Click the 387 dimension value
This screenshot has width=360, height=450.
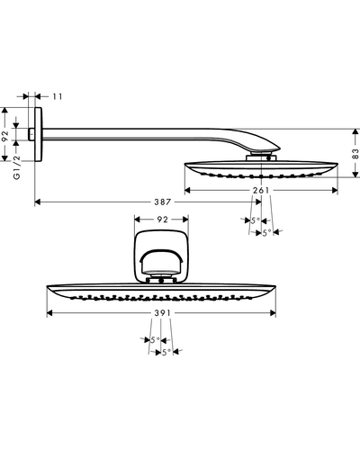163,202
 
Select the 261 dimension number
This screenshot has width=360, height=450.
261,190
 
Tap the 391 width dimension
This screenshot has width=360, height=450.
162,313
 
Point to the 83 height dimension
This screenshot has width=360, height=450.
355,154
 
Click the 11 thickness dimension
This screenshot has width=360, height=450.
58,96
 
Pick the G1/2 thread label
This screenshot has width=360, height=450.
17,167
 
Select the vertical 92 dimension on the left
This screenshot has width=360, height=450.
5,136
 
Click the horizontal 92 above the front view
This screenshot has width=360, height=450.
162,220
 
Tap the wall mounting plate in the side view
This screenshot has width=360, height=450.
38,134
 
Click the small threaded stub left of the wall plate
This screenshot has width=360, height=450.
31,134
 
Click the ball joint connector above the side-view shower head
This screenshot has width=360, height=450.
261,157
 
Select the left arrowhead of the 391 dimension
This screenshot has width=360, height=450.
49,313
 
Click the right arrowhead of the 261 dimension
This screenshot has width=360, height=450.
335,190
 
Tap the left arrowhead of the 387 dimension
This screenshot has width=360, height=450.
38,202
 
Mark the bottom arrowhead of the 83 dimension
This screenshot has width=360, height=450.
355,175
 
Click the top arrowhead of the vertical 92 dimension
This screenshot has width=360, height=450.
4,110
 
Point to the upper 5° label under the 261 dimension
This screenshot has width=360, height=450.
256,220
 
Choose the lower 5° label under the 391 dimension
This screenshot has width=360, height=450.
166,352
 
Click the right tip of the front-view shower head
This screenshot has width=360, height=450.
275,286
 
